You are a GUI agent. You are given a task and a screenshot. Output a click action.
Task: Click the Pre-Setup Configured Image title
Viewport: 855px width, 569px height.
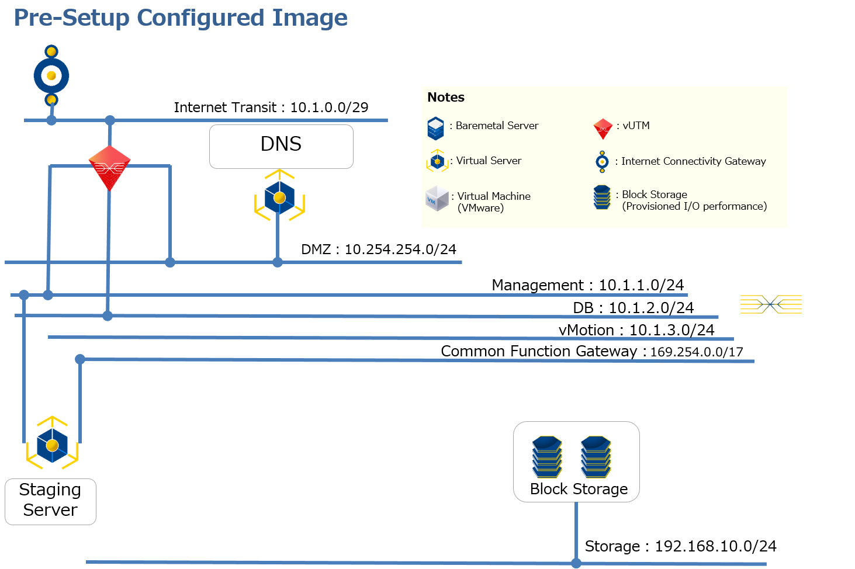[x=181, y=18]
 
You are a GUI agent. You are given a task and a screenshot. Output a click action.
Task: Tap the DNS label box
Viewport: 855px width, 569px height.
[x=281, y=146]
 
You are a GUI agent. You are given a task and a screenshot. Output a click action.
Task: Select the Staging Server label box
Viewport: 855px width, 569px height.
[x=50, y=501]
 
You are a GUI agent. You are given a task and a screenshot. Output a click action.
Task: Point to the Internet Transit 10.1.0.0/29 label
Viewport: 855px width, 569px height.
[x=271, y=107]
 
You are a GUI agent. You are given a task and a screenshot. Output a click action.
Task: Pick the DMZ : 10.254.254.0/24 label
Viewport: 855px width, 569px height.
[x=378, y=249]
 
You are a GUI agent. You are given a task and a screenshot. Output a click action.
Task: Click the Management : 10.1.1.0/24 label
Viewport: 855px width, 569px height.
[x=587, y=285]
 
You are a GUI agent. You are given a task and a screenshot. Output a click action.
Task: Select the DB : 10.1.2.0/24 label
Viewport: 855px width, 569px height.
[x=633, y=308]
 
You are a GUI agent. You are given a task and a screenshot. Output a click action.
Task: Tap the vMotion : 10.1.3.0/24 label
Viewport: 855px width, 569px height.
[x=636, y=330]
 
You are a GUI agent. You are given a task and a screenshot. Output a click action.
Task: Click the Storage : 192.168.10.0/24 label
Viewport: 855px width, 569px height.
[x=680, y=546]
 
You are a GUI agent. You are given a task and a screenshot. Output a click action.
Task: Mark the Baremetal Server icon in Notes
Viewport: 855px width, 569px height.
[x=435, y=129]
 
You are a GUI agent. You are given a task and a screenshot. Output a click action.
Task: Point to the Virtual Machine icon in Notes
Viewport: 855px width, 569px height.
[x=437, y=199]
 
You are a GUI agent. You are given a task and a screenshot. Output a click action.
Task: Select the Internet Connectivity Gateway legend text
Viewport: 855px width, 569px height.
[x=693, y=161]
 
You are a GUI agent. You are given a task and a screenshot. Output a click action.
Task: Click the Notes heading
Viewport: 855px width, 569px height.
[x=446, y=98]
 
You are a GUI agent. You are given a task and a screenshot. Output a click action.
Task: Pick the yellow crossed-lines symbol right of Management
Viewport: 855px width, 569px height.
[x=771, y=304]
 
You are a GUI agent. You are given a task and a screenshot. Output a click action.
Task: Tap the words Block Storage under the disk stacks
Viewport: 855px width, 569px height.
[x=579, y=489]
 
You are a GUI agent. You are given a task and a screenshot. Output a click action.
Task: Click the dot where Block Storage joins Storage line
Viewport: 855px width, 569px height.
[x=576, y=563]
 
